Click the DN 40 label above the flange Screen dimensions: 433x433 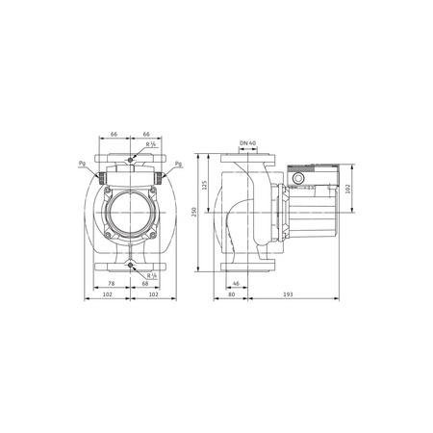(246, 142)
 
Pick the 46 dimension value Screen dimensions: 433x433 (236, 285)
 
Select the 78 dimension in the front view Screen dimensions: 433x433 (112, 285)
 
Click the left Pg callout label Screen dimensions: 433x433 (81, 165)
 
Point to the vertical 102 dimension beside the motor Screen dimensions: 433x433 (350, 190)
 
